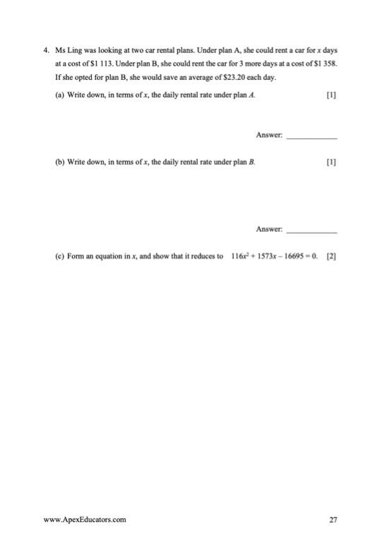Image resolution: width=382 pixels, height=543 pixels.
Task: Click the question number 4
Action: [x=46, y=51]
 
